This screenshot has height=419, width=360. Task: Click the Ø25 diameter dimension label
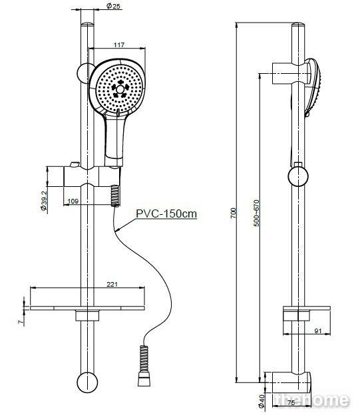tap(113, 6)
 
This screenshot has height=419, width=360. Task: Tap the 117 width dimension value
tap(119, 45)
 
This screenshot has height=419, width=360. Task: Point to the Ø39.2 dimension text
tap(44, 200)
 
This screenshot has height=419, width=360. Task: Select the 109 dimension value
tap(73, 201)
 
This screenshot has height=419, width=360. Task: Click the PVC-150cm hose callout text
tap(166, 213)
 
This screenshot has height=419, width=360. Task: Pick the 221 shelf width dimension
tap(112, 285)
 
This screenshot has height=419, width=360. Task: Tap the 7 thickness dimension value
tap(21, 322)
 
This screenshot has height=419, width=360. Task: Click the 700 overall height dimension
tap(233, 213)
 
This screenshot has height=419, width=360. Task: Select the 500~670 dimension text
tap(256, 213)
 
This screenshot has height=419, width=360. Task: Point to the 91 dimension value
tap(317, 331)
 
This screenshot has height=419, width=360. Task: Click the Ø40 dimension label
tap(262, 402)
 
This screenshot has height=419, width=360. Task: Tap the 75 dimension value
tap(291, 402)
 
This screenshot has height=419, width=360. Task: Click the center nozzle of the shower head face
tap(120, 89)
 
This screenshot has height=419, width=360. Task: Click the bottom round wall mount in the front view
tap(87, 382)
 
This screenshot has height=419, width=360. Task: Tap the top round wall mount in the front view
tap(86, 73)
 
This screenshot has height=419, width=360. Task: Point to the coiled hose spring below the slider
tap(115, 196)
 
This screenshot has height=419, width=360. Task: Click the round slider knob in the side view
tap(298, 176)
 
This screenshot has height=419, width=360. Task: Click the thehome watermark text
tap(311, 400)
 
